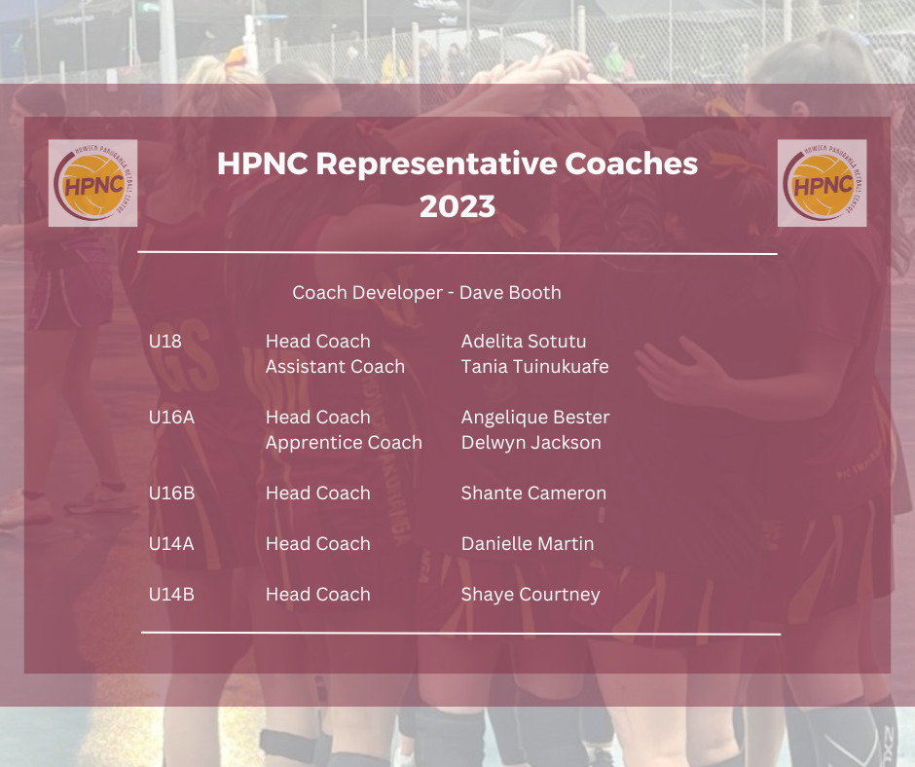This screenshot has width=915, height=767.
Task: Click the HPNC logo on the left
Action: tap(92, 183)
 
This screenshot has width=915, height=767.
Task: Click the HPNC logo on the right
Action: tap(822, 183)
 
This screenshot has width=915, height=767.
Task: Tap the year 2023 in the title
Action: tap(457, 206)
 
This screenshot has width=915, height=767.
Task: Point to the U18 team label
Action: tap(165, 342)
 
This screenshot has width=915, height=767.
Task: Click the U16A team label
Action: tap(171, 418)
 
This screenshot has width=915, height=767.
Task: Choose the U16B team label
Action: tap(171, 493)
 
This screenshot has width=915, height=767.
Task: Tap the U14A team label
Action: tap(171, 544)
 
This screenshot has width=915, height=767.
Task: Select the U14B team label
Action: tap(171, 595)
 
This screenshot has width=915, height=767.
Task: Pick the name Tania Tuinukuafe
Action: tap(534, 367)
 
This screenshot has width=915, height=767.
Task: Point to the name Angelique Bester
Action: tap(535, 418)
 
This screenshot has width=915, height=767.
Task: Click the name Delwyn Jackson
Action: tap(531, 443)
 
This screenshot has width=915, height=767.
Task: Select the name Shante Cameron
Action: tap(533, 493)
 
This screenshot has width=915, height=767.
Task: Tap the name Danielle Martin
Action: tap(528, 544)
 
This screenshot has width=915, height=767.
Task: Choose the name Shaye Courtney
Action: tap(531, 595)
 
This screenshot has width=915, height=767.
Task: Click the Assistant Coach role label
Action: tap(335, 367)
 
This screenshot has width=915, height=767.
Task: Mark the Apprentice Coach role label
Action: tap(344, 443)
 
